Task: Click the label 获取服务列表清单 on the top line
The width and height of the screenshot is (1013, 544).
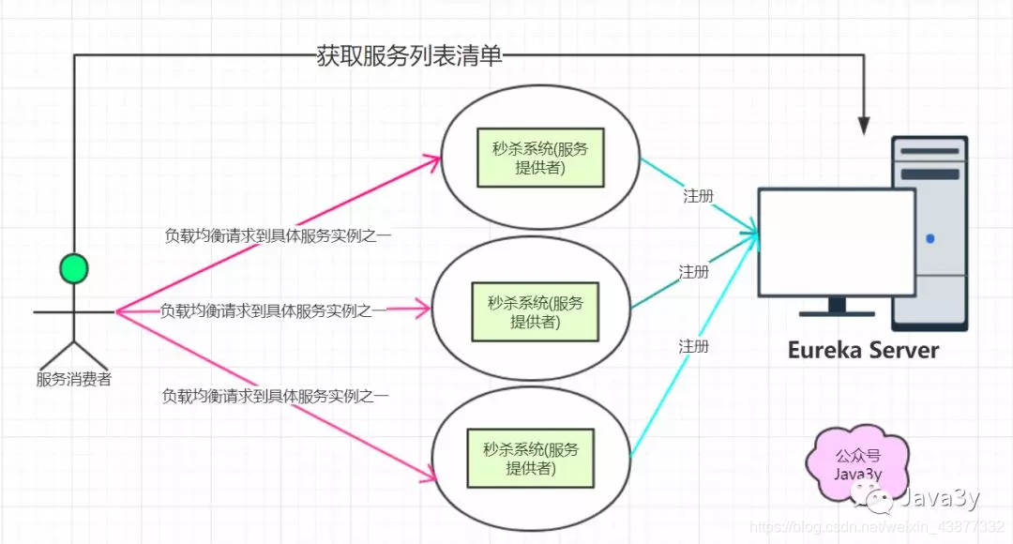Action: coord(410,56)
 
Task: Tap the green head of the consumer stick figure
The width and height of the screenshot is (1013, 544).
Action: coord(73,269)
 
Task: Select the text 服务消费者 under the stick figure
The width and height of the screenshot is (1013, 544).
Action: coord(73,380)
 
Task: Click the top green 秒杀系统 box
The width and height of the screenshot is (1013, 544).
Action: coord(539,157)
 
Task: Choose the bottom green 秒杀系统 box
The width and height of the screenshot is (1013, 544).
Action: coord(531,458)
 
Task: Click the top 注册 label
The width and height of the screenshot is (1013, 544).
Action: coord(698,196)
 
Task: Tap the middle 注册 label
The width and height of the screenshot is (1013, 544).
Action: coord(694,272)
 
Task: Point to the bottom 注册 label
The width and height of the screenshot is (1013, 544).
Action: coord(694,346)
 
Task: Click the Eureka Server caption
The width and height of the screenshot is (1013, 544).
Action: coord(863,351)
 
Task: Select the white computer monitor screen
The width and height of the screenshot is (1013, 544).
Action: coord(836,242)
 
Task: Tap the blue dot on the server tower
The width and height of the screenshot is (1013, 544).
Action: coord(930,238)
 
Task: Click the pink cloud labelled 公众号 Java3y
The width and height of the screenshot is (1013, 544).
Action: coord(858,465)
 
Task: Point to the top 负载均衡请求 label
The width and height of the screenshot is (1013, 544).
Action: coord(278,235)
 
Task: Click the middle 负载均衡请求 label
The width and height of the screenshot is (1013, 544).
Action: coord(273,310)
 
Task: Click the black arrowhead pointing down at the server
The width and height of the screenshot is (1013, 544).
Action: coord(864,124)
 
